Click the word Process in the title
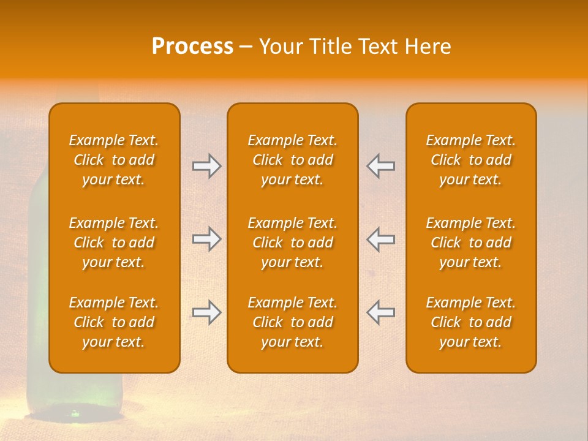(x=192, y=47)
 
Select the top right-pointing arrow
(x=206, y=166)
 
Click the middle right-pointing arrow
(x=206, y=239)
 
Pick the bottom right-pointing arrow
(x=206, y=312)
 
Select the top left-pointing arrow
(x=381, y=166)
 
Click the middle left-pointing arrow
(x=381, y=239)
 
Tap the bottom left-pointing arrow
(x=381, y=312)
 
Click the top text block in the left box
(x=114, y=160)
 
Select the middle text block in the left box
(x=114, y=243)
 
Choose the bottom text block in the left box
(x=114, y=322)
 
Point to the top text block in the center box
(x=293, y=160)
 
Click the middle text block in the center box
(x=293, y=243)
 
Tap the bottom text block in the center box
(x=293, y=322)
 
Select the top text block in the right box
(x=471, y=160)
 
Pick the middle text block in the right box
(x=471, y=243)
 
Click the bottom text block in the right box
(x=471, y=322)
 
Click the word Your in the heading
(x=279, y=47)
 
